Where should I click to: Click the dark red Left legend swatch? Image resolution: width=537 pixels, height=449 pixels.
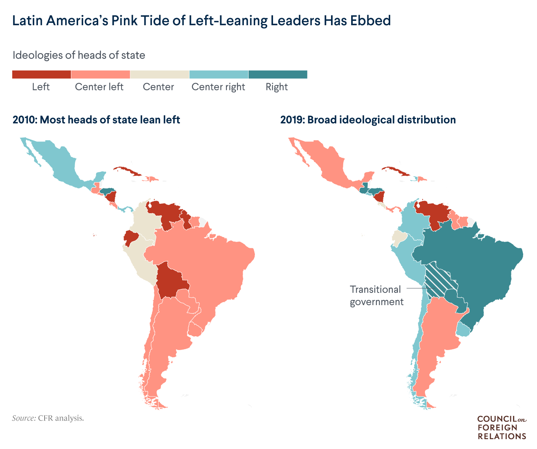41,75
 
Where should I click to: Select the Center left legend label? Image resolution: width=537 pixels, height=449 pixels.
99,87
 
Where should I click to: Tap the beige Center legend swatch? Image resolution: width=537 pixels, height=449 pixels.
159,75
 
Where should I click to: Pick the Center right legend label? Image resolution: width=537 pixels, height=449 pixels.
218,87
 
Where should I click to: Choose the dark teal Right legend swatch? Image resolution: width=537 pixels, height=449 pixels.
278,75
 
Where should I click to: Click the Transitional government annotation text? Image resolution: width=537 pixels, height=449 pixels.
376,296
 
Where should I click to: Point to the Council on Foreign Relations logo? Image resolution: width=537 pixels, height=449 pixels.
501,427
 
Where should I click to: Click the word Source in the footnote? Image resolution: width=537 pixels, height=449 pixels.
24,418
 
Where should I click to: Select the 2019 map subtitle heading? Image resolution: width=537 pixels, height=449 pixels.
368,120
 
